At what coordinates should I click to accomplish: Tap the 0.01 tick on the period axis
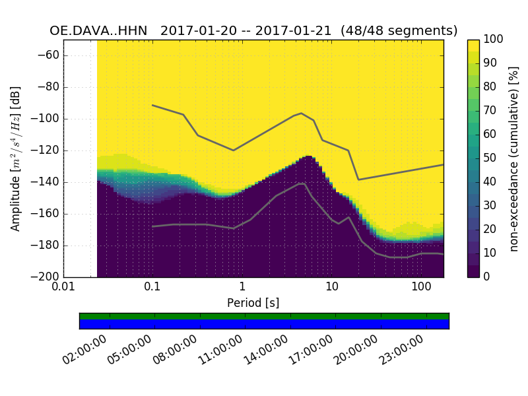[x=63, y=288]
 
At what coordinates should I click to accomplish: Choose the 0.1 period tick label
[x=152, y=288]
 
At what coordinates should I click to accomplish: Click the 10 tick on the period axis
[x=331, y=288]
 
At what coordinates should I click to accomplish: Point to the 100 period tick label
[x=421, y=288]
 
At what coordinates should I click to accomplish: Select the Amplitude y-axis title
[x=16, y=158]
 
